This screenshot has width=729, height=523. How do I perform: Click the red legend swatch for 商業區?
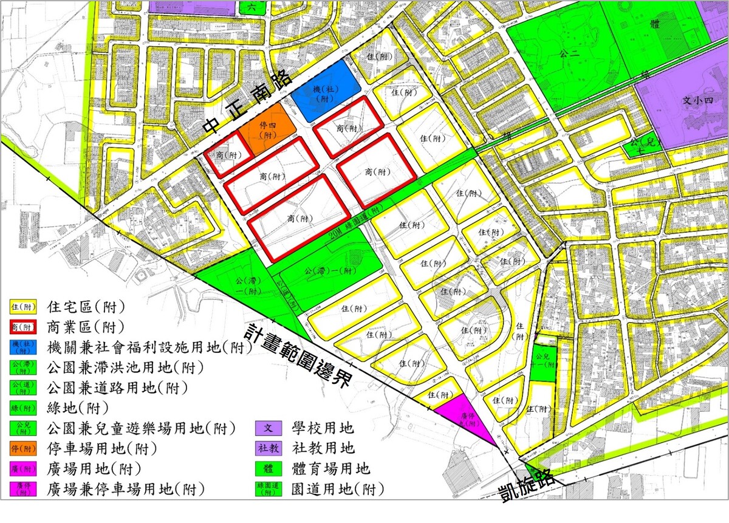click(x=22, y=327)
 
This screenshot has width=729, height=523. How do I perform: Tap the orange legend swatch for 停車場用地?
click(x=22, y=449)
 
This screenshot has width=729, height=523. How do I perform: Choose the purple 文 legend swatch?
click(x=268, y=429)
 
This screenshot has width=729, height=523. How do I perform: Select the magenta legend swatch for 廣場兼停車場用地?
click(x=22, y=490)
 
